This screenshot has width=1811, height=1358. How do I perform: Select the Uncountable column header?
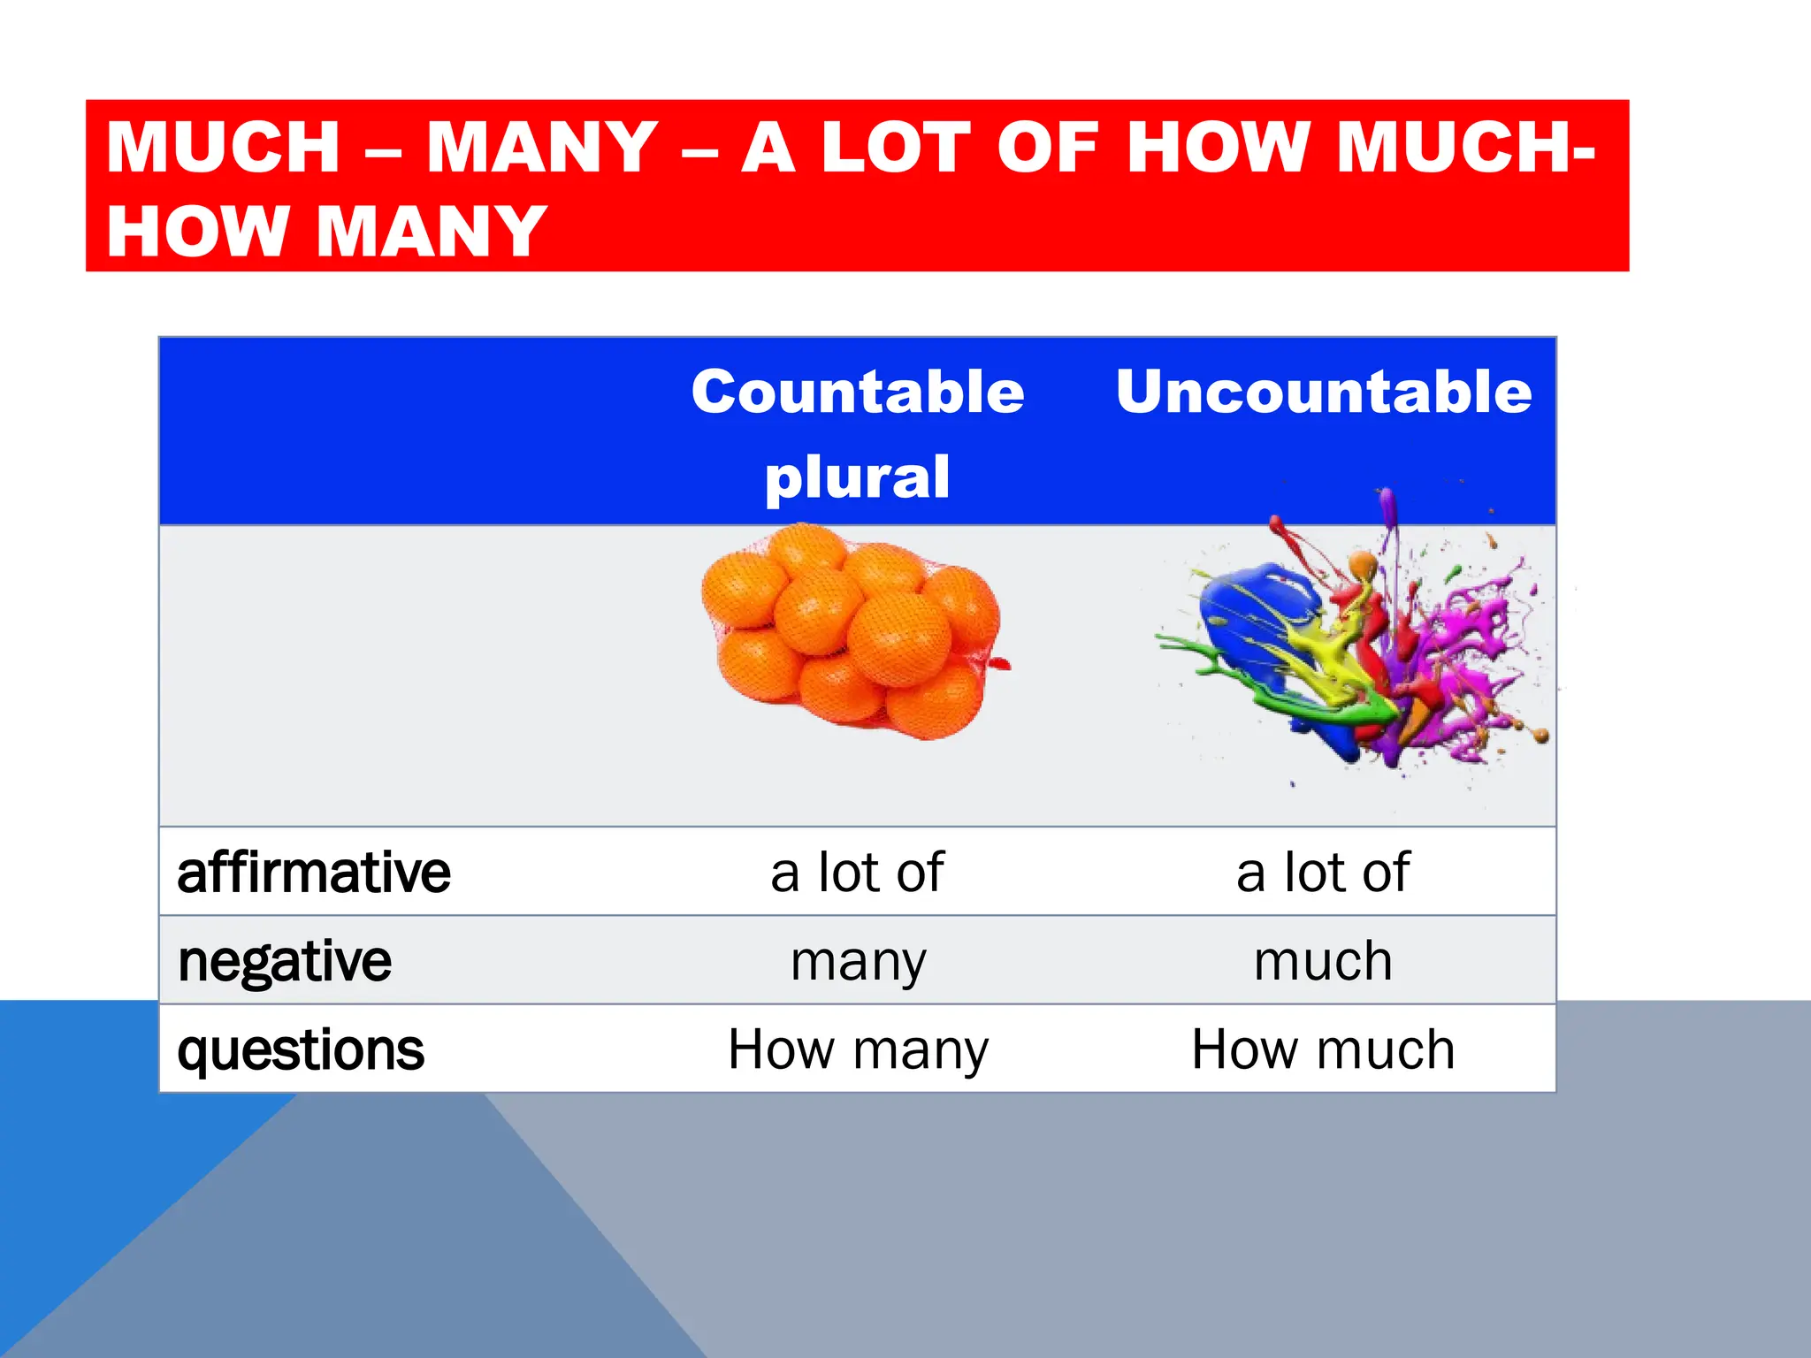(1323, 392)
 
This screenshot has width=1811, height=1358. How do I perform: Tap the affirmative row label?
(314, 873)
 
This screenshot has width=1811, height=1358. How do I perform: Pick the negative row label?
(284, 961)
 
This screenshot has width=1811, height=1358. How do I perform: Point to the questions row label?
(301, 1049)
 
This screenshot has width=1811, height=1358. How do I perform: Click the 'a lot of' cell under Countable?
(857, 873)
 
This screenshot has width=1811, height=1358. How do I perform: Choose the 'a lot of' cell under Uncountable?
(1323, 873)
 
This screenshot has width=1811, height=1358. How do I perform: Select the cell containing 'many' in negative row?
(858, 961)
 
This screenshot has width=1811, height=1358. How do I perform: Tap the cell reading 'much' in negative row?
(1323, 961)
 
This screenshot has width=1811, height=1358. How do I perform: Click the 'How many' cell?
(858, 1049)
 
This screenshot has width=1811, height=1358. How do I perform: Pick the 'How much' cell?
(1323, 1049)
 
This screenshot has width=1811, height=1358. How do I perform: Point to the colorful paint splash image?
(1362, 645)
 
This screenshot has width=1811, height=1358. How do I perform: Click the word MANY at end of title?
(432, 232)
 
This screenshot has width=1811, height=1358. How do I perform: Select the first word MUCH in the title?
(223, 147)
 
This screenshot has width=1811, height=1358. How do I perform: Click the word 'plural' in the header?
(857, 477)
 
